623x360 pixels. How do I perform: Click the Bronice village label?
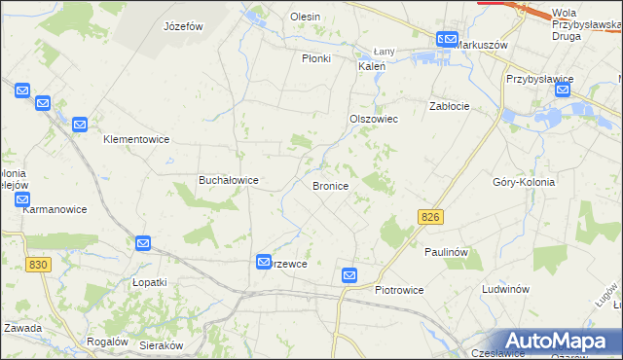pyautogui.click(x=330, y=185)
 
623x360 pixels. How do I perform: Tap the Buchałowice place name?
pyautogui.click(x=228, y=180)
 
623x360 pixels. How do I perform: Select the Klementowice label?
pyautogui.click(x=136, y=139)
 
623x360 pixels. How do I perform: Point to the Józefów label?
pyautogui.click(x=183, y=26)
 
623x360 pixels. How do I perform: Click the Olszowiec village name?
pyautogui.click(x=374, y=119)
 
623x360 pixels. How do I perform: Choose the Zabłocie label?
pyautogui.click(x=450, y=106)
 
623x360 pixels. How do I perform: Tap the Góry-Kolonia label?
pyautogui.click(x=524, y=182)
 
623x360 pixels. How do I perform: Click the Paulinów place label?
pyautogui.click(x=447, y=252)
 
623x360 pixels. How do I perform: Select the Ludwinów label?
pyautogui.click(x=505, y=289)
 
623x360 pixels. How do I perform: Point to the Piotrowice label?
pyautogui.click(x=403, y=290)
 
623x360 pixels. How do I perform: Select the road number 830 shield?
pyautogui.click(x=39, y=265)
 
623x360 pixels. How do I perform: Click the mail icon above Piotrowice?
pyautogui.click(x=350, y=276)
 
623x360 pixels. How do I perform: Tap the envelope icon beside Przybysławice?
pyautogui.click(x=563, y=90)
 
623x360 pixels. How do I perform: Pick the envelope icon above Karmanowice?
pyautogui.click(x=23, y=198)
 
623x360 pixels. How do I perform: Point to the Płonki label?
pyautogui.click(x=316, y=58)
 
